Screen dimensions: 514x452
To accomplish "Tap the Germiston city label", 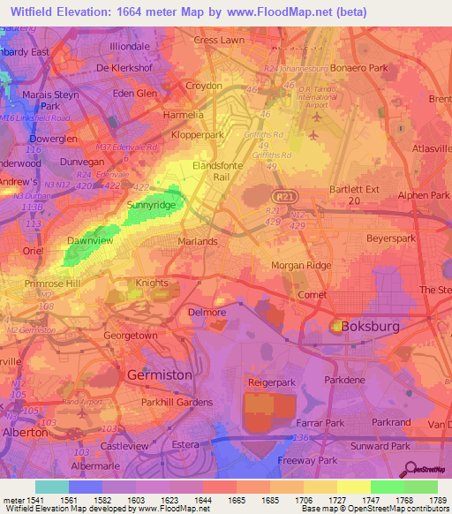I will pos(160,374).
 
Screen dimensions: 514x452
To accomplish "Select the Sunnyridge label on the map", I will pos(152,205).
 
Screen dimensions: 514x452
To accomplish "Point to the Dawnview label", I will pos(90,240).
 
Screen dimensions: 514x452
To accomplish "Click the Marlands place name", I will pos(198,240).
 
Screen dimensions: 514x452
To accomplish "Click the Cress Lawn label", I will pos(219,41).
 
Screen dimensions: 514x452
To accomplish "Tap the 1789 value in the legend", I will pos(422,501).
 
